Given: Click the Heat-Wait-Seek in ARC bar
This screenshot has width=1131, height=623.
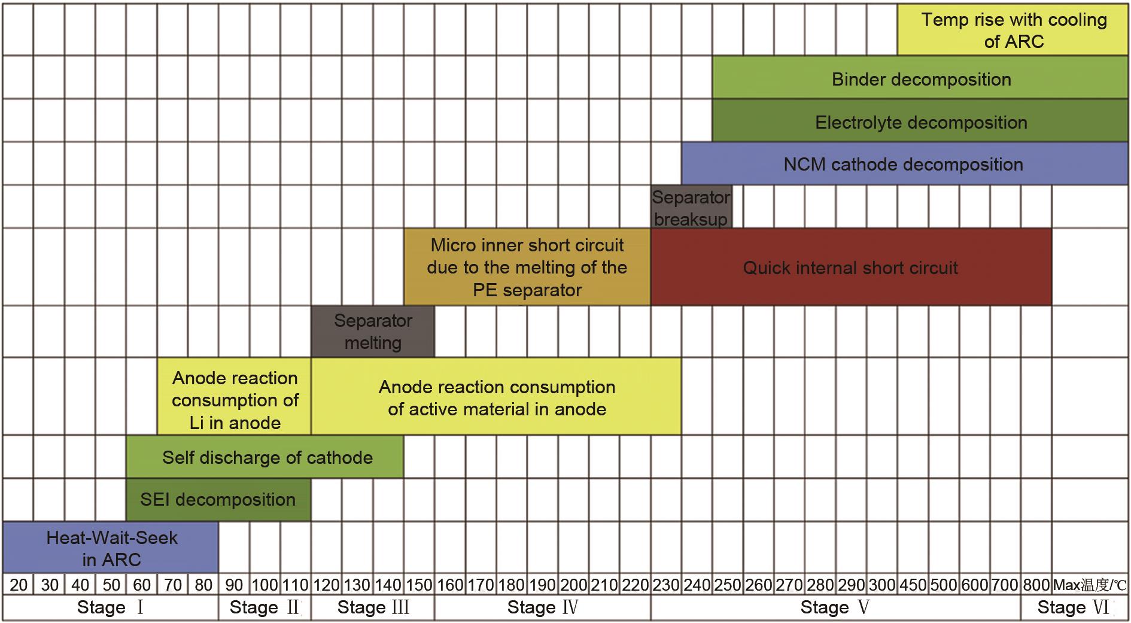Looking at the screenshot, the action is (x=111, y=547).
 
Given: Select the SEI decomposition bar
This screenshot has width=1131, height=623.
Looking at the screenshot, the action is (x=218, y=500).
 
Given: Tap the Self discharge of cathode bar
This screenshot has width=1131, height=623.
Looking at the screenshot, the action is (x=265, y=457).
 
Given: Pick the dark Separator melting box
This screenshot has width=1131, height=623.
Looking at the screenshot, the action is (x=373, y=332).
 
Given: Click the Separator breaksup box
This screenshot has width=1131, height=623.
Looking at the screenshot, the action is (x=691, y=207).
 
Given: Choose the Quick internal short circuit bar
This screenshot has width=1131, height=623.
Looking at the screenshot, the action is (x=851, y=267).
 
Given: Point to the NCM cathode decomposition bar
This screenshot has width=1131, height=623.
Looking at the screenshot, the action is (x=905, y=163).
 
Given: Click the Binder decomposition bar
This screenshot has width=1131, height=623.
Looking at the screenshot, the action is (x=920, y=78).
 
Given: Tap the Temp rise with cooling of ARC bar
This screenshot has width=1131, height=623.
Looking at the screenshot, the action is (x=1013, y=30).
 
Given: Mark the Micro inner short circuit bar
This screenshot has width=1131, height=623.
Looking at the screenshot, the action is (x=527, y=267).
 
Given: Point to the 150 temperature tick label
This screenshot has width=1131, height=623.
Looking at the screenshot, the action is (x=419, y=585).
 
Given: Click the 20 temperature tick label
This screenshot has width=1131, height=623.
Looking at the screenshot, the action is (x=19, y=585).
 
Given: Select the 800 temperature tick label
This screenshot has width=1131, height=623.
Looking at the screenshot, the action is (x=1036, y=585).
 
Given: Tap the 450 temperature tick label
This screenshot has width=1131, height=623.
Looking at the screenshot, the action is (x=913, y=585).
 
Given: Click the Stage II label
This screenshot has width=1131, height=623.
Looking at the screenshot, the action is (x=264, y=607).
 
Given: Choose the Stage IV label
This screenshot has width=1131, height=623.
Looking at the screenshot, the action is (x=543, y=607).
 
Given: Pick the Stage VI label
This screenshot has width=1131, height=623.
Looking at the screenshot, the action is (x=1074, y=607).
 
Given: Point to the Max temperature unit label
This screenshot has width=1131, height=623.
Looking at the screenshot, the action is (x=1090, y=585).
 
